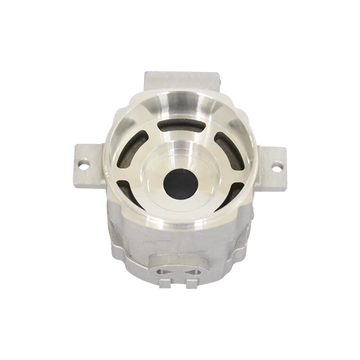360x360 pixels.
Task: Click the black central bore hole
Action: point(177,180)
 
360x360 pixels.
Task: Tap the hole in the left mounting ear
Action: point(84,164)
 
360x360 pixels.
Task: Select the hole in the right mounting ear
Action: point(277,166)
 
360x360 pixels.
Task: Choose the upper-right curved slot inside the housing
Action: point(221,144)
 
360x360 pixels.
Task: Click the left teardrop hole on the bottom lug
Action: point(164,272)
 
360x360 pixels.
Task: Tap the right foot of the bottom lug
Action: point(193,283)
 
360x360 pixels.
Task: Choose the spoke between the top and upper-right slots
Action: point(207,130)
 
